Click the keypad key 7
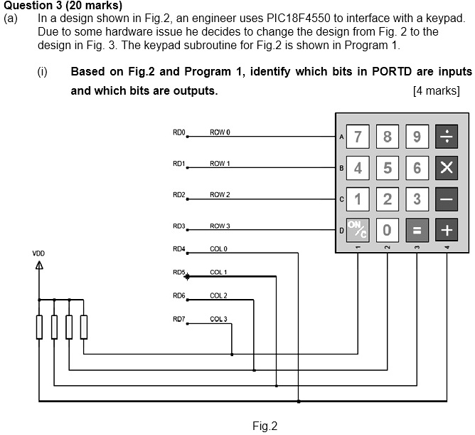click(x=358, y=137)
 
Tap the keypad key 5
click(x=388, y=168)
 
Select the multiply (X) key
click(x=447, y=168)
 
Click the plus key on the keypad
click(x=447, y=230)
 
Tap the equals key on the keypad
click(x=417, y=230)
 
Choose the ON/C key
click(x=358, y=230)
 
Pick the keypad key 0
click(x=388, y=230)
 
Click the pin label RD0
click(x=178, y=132)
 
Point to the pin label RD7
click(x=178, y=318)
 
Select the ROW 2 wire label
click(x=220, y=194)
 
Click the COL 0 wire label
click(x=218, y=248)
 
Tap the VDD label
click(x=38, y=253)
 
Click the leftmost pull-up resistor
click(x=40, y=327)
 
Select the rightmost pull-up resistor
click(x=83, y=327)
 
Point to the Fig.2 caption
click(x=265, y=426)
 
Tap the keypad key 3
click(x=417, y=199)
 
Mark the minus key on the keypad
click(x=447, y=199)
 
